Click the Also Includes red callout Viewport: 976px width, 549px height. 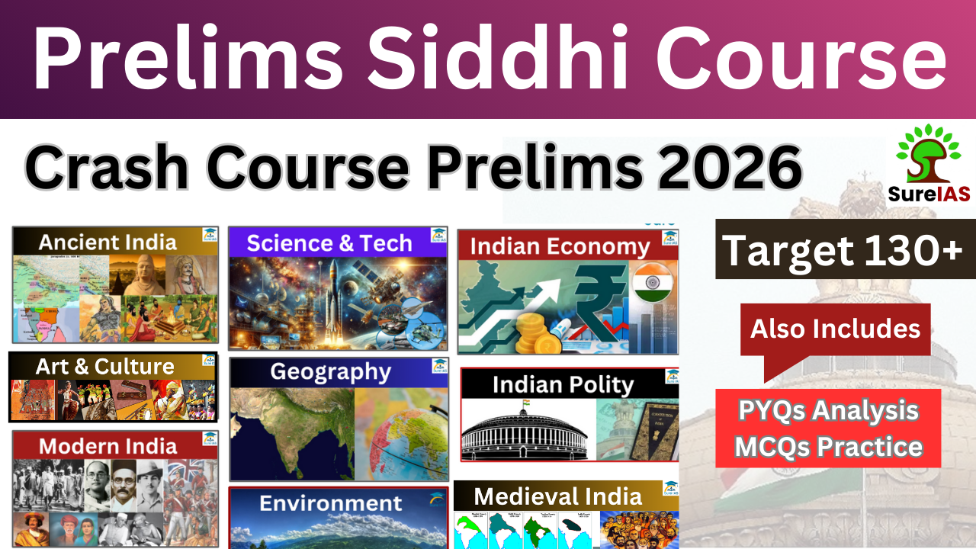pyautogui.click(x=835, y=329)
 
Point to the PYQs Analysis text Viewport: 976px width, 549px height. pyautogui.click(x=828, y=411)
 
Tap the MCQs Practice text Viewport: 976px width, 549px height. pyautogui.click(x=828, y=446)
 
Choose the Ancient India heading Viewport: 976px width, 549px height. pyautogui.click(x=108, y=242)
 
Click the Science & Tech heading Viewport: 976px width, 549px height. pyautogui.click(x=329, y=243)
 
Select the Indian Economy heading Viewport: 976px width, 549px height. pyautogui.click(x=560, y=246)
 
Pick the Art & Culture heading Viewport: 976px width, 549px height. pyautogui.click(x=104, y=366)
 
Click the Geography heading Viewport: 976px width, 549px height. pyautogui.click(x=330, y=372)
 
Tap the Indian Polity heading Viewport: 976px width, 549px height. pyautogui.click(x=563, y=384)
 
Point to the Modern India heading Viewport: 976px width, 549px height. pyautogui.click(x=108, y=445)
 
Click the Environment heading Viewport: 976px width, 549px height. pyautogui.click(x=330, y=503)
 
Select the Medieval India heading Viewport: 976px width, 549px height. pyautogui.click(x=557, y=496)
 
